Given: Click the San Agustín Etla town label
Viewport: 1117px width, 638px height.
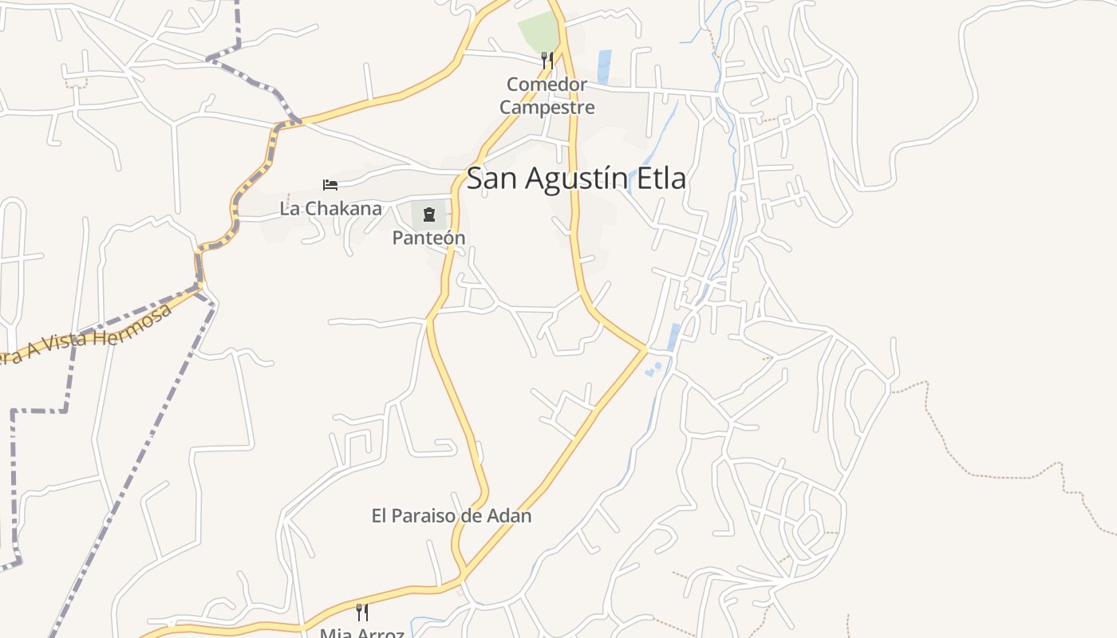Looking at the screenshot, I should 576,179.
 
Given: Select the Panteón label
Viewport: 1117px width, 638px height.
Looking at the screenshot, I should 428,238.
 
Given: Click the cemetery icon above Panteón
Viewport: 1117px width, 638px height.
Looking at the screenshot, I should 429,214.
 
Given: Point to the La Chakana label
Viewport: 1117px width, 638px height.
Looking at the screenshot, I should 330,209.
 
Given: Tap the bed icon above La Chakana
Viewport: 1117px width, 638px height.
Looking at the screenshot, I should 330,185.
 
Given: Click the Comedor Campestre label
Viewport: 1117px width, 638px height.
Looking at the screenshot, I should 547,96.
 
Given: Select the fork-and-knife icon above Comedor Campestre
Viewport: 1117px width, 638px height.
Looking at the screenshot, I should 547,60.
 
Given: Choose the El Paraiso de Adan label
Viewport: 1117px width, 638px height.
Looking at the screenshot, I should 452,516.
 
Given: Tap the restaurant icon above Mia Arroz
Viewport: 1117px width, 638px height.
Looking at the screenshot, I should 362,612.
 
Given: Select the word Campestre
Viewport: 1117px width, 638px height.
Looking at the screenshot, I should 547,107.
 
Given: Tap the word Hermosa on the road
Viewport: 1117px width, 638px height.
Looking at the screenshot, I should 140,321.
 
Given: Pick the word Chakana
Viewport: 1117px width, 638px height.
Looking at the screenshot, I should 343,209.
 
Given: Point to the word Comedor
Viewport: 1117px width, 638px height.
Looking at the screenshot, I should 547,84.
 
